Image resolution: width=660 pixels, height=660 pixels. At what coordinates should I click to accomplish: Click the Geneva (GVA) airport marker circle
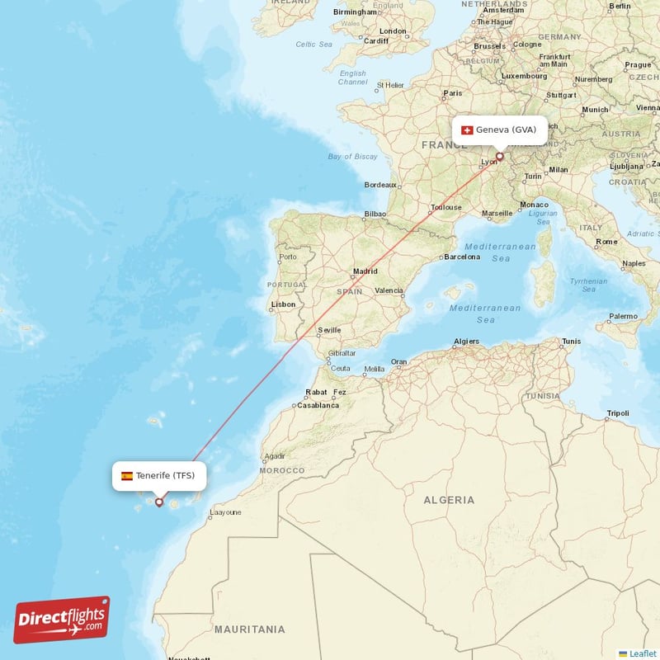click(x=499, y=155)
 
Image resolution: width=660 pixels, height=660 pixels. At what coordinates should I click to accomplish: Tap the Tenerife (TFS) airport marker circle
click(x=159, y=502)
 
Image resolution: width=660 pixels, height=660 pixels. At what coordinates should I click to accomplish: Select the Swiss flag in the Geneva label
click(x=467, y=130)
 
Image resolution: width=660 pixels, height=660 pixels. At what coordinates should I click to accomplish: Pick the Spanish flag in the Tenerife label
click(x=127, y=475)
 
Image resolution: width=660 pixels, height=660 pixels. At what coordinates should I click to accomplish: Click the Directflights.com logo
click(x=62, y=620)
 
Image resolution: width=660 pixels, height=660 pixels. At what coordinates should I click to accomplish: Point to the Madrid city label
click(x=365, y=271)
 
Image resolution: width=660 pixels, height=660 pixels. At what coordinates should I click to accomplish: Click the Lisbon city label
click(x=283, y=304)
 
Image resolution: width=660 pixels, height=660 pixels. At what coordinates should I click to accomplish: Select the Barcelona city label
click(x=462, y=257)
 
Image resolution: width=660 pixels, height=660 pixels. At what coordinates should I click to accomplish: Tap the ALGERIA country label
click(x=449, y=500)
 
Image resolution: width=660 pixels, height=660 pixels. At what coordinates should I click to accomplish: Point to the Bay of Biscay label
click(x=352, y=157)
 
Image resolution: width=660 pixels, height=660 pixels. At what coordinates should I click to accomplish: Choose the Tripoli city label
click(x=618, y=413)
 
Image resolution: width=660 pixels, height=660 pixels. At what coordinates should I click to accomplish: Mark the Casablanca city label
click(x=318, y=406)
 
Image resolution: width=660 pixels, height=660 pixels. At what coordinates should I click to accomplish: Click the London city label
click(x=394, y=31)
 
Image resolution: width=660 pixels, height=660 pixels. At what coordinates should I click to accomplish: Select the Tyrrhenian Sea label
click(x=588, y=285)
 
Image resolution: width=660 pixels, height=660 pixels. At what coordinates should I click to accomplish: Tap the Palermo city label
click(x=623, y=316)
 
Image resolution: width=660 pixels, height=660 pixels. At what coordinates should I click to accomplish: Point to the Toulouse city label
click(x=445, y=208)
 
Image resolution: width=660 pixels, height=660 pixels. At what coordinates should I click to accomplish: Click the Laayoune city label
click(x=226, y=512)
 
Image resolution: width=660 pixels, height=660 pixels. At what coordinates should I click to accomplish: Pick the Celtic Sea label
click(x=313, y=45)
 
